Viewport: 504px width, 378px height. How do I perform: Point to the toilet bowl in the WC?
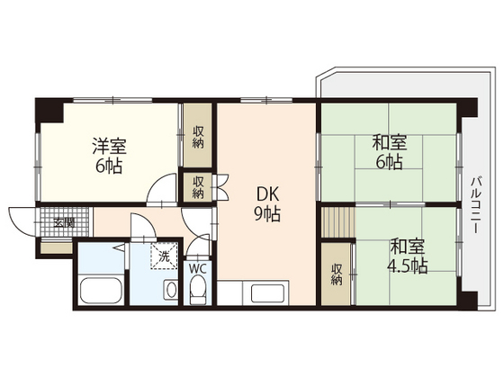[199, 291]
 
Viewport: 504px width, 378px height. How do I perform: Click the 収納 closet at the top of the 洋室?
[198, 137]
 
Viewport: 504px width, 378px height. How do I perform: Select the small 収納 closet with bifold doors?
[198, 186]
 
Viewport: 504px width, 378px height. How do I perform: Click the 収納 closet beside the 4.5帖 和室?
[336, 274]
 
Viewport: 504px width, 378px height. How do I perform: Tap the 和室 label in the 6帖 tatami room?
[389, 143]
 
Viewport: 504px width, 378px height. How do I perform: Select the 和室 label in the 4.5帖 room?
[409, 246]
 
